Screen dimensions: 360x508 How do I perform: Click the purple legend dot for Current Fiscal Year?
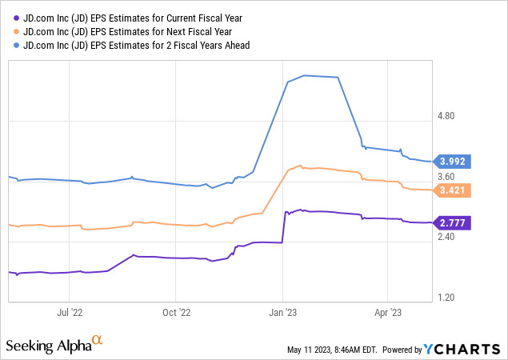coord(14,17)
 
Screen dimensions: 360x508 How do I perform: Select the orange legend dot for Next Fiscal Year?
coord(14,31)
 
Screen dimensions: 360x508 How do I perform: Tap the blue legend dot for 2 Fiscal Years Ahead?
coord(14,46)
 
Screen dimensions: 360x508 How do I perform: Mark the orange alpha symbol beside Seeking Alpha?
coord(98,341)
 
